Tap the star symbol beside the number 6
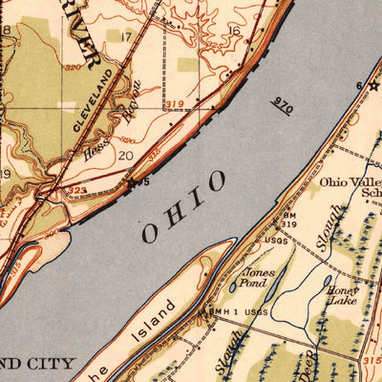(373, 85)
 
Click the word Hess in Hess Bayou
(94, 146)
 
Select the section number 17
(126, 37)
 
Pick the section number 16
(234, 32)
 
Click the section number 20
(125, 154)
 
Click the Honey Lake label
(341, 295)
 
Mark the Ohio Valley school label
(349, 184)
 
